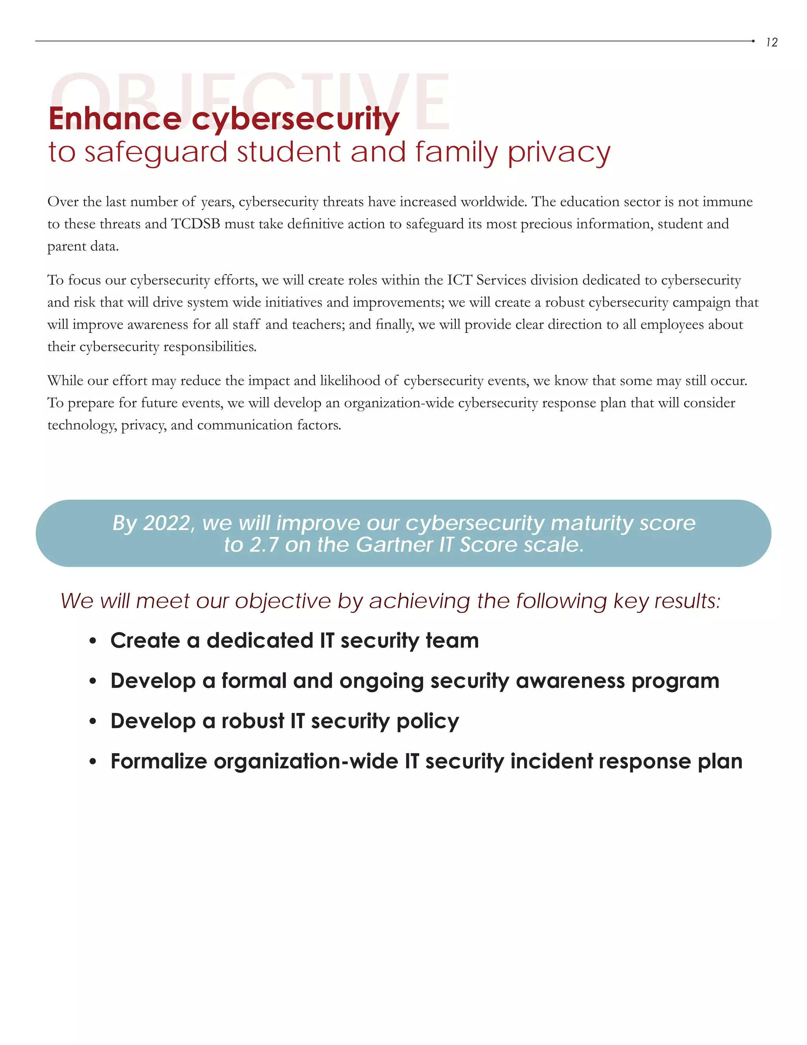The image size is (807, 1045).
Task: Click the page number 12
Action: coord(771,43)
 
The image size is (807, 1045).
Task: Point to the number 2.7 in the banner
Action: coord(264,545)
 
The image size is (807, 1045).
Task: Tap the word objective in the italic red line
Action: coord(283,601)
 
